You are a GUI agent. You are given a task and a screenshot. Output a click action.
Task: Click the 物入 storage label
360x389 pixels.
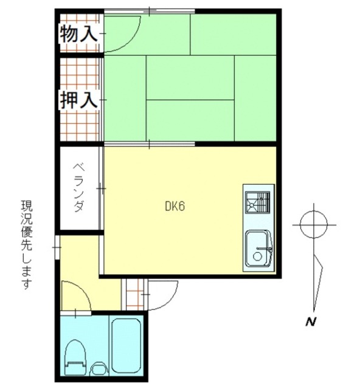tap(78, 34)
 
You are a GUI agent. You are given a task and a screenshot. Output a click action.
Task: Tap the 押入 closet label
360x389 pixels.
tap(78, 100)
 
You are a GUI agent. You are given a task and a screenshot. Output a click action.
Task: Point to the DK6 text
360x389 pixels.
tap(175, 206)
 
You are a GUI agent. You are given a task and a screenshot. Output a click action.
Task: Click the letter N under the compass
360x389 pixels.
tap(310, 323)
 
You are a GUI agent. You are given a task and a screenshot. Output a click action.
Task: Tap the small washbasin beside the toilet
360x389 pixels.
tap(98, 368)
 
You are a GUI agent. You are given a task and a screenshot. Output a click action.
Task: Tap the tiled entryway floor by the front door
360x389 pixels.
tap(134, 295)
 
